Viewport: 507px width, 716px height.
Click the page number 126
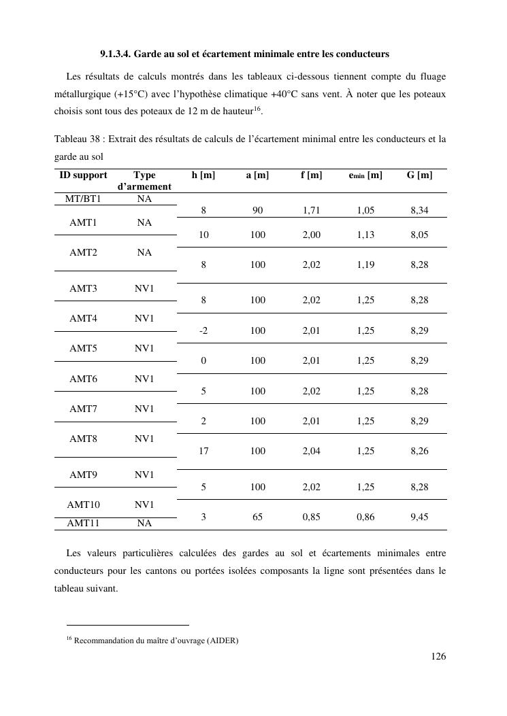438,656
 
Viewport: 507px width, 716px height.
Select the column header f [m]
311,175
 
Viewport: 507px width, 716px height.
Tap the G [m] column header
419,175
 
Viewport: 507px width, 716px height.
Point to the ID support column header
83,175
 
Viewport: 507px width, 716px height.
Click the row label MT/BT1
83,199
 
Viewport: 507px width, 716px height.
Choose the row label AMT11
83,523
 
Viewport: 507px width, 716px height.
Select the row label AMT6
83,379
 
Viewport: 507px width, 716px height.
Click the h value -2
203,331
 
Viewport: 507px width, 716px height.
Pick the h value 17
203,451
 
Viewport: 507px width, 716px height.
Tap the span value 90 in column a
257,211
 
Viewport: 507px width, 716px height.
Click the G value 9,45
419,517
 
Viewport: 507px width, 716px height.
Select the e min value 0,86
365,517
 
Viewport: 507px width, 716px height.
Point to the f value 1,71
311,211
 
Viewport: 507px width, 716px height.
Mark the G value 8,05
419,235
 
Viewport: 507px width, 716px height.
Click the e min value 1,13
365,235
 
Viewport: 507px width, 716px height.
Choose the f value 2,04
311,451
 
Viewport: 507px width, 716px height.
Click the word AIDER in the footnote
222,640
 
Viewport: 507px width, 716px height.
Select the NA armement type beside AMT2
144,252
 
